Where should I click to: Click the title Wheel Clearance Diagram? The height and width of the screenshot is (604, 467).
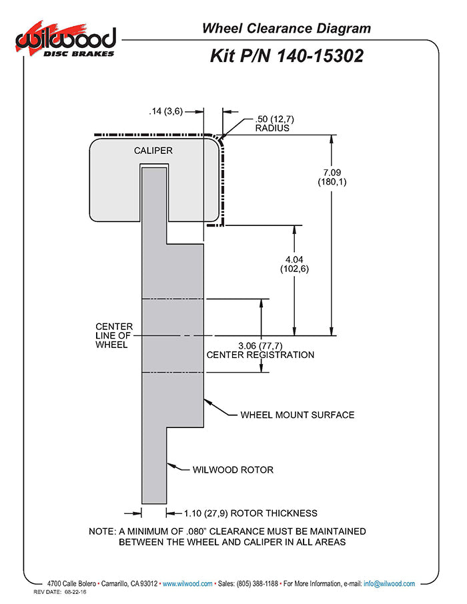click(286, 28)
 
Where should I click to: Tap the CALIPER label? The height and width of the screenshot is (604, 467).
click(153, 151)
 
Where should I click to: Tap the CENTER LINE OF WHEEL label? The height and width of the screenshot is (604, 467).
click(114, 335)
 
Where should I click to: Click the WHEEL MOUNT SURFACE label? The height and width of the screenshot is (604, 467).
click(297, 415)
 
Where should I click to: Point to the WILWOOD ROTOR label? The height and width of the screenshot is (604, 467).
click(233, 469)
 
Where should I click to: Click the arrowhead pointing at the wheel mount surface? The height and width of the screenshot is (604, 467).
click(207, 402)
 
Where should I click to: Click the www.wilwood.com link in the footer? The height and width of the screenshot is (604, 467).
click(187, 583)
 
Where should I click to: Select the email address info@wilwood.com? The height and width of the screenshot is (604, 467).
click(389, 583)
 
